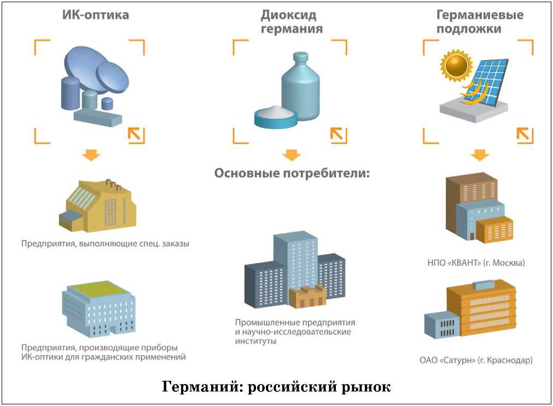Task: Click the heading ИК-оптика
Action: coord(95,15)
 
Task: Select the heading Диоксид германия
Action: coord(292,21)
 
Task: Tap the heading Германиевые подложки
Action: coord(479,21)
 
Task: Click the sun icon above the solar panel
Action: coord(455,66)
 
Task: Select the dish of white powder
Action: coord(276,116)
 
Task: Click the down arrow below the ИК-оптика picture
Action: coord(91,156)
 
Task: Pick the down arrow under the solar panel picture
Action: coord(480,155)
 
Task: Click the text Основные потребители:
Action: coord(292,174)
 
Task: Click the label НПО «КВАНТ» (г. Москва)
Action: coord(476,262)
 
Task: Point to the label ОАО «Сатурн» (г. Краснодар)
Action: coord(476,361)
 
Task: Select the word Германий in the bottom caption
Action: coord(201,387)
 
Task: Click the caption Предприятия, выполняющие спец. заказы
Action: coord(106,243)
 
